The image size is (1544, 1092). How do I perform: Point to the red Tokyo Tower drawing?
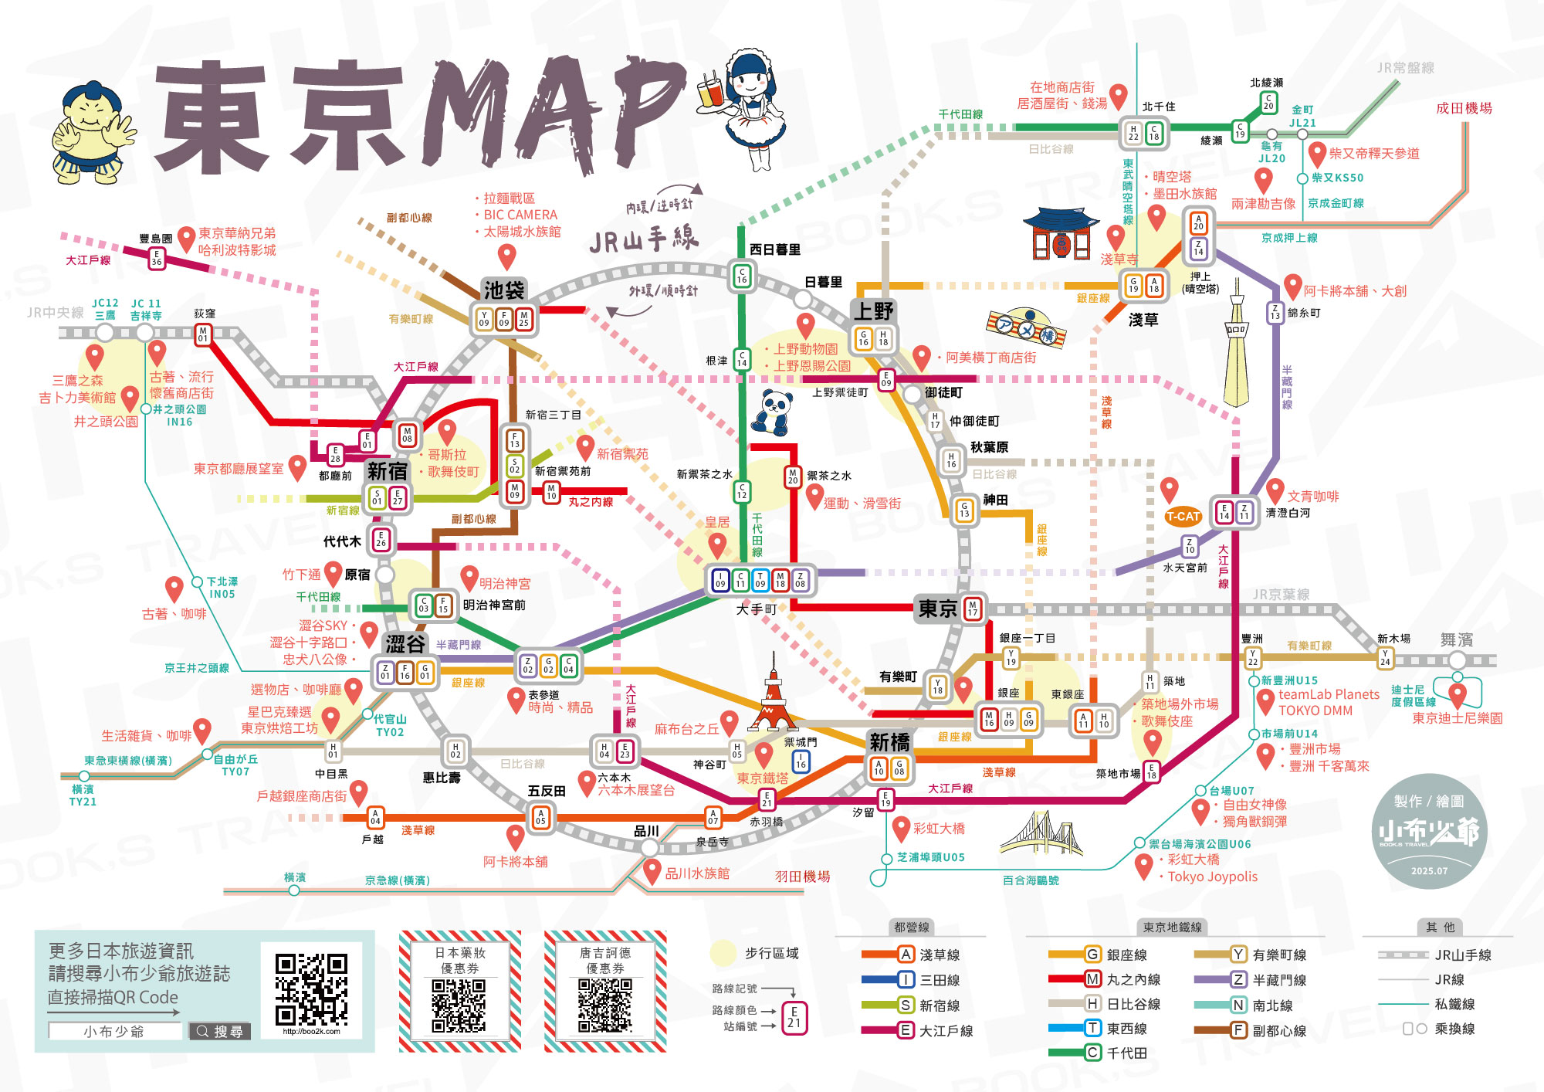click(x=772, y=695)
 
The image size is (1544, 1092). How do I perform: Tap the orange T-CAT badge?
click(x=1183, y=516)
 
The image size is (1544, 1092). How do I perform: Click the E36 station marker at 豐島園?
click(x=157, y=258)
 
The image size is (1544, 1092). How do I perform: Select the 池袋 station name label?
click(x=504, y=290)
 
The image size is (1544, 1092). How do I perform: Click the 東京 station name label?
click(x=937, y=609)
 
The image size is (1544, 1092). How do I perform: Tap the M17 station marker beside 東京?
click(x=973, y=609)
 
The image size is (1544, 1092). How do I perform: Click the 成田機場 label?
click(x=1464, y=108)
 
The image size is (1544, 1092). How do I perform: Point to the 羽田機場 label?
click(x=802, y=877)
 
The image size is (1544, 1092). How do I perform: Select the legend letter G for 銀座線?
click(x=1092, y=955)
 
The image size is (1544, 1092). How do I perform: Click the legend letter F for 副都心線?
click(x=1238, y=1029)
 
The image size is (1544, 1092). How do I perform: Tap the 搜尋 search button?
click(x=220, y=1031)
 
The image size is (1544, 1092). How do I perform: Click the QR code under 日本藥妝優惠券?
click(x=459, y=1006)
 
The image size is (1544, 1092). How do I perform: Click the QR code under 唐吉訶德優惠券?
click(x=604, y=1006)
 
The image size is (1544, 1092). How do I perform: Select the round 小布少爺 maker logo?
click(x=1429, y=831)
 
